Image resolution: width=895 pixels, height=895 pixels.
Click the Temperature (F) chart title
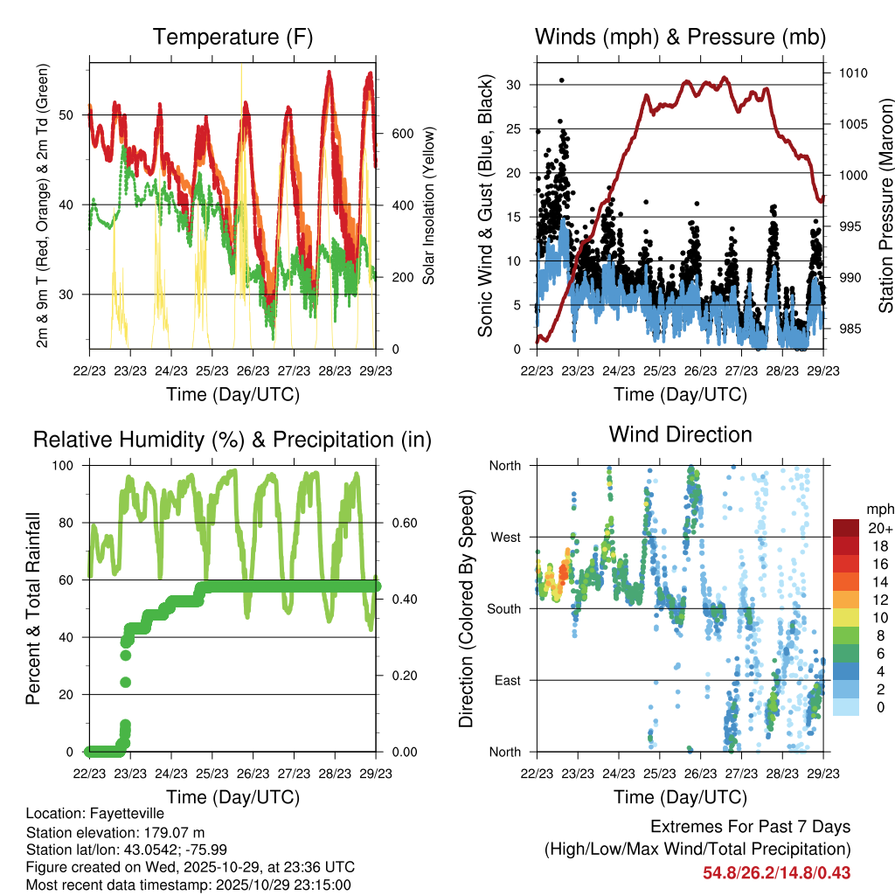tap(232, 38)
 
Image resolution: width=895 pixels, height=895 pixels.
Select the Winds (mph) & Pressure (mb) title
tap(680, 38)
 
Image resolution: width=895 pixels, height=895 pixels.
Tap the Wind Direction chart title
tap(680, 434)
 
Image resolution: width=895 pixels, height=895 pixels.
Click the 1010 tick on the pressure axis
tap(853, 73)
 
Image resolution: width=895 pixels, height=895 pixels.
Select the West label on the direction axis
tap(504, 537)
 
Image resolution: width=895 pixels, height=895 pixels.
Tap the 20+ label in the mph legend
tap(879, 528)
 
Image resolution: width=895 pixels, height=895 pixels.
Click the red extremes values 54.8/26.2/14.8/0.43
tap(777, 872)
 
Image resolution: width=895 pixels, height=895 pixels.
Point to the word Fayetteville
tap(124, 815)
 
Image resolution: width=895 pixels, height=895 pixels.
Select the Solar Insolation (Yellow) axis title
tap(428, 206)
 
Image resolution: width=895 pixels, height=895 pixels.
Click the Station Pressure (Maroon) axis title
tap(885, 206)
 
